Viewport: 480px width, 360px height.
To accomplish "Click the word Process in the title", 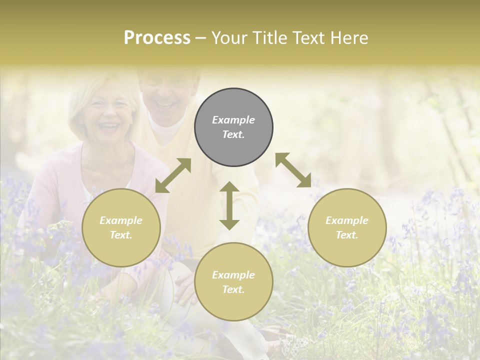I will pos(157,38).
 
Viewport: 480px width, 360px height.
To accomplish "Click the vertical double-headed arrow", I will pos(229,205).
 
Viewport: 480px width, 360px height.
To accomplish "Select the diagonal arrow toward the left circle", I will pos(173,175).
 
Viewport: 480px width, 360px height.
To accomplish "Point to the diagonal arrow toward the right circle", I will pos(293,170).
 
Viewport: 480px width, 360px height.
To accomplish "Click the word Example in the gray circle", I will pos(233,120).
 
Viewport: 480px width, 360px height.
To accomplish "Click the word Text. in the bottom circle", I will pos(233,289).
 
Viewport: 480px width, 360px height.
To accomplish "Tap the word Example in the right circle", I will pos(347,220).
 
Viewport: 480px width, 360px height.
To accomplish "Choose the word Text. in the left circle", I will pos(121,235).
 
